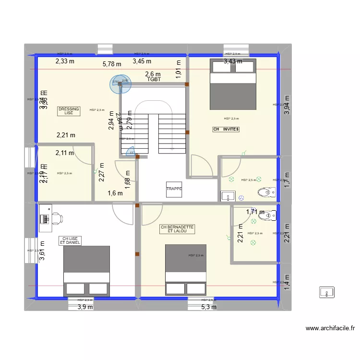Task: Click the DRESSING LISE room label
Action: (x=69, y=111)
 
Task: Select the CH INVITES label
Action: (x=226, y=130)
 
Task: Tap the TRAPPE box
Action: (x=174, y=189)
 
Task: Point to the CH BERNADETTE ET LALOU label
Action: (x=178, y=229)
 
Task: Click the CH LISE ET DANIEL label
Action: (x=70, y=240)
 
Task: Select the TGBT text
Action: (x=154, y=80)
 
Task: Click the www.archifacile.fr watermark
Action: (x=330, y=329)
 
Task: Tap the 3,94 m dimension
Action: (x=287, y=103)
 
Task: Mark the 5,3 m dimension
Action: (x=209, y=307)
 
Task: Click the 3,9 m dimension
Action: (x=85, y=307)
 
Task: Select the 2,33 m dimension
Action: (x=65, y=61)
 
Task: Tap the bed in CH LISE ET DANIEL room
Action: (x=87, y=271)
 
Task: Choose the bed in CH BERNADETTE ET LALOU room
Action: (x=185, y=269)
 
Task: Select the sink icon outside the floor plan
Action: (x=327, y=292)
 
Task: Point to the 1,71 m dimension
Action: (x=255, y=212)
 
